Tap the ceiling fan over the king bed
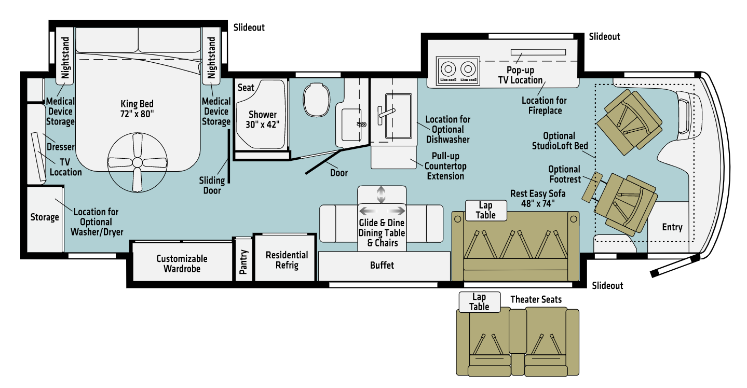[x=137, y=162]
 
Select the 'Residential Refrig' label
[x=287, y=260]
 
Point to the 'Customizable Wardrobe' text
[x=182, y=264]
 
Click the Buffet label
[x=382, y=265]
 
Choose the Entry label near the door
[x=672, y=227]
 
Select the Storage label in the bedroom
[x=44, y=217]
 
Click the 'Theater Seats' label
[x=536, y=299]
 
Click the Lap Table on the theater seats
[x=479, y=301]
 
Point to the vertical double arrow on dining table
[x=381, y=195]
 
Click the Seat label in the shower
[x=246, y=88]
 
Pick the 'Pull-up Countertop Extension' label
[x=444, y=165]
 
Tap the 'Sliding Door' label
[x=212, y=185]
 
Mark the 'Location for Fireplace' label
[x=544, y=105]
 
